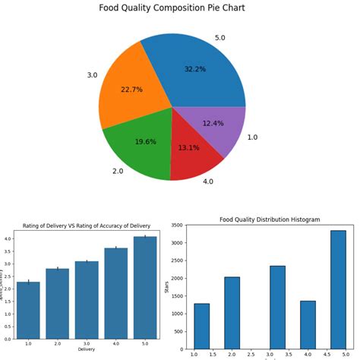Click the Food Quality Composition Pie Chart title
pos(172,8)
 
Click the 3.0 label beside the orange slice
pos(92,75)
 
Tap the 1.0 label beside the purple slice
pos(252,137)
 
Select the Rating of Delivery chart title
pos(87,226)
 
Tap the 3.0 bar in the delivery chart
pos(87,299)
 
